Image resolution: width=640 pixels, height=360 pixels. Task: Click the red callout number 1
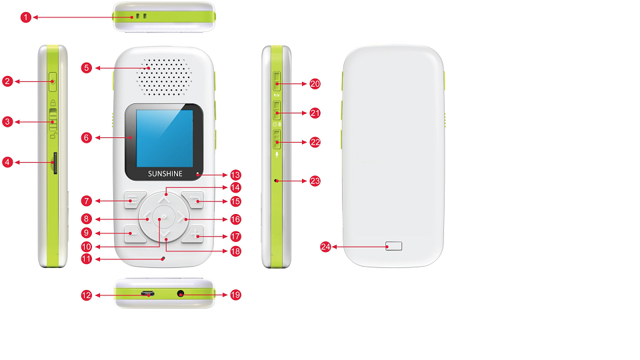[x=25, y=17]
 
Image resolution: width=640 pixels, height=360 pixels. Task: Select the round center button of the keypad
[x=163, y=217]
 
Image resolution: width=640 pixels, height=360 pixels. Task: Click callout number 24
[x=326, y=247]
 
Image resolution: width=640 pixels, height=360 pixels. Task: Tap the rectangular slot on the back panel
[x=394, y=246]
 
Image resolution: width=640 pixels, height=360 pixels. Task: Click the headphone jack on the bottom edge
[x=180, y=293]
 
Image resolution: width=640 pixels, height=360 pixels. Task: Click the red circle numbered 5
[x=86, y=67]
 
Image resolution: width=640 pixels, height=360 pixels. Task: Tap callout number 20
[x=315, y=84]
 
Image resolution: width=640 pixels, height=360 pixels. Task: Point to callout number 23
[x=315, y=181]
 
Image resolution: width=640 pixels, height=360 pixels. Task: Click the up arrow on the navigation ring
[x=165, y=198]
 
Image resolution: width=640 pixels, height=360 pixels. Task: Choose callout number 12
[x=86, y=295]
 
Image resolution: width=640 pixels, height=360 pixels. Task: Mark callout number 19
[x=235, y=294]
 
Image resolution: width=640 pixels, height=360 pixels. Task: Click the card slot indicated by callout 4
[x=55, y=162]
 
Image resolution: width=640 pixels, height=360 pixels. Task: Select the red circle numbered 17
[x=235, y=236]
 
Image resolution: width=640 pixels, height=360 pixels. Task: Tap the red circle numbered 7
[x=86, y=201]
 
